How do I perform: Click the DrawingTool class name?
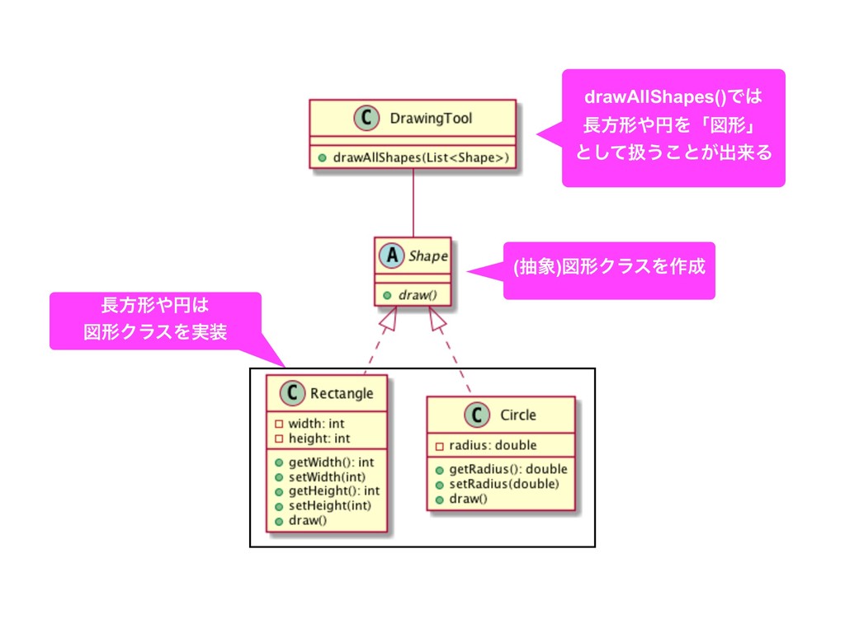tap(430, 118)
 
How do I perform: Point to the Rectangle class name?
tap(341, 393)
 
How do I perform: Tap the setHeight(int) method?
tap(329, 505)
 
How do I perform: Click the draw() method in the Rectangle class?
tap(307, 520)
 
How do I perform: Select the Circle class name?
tap(517, 415)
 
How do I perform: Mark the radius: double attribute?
tap(492, 446)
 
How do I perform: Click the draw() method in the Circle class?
tap(468, 499)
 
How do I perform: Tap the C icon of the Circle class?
tap(476, 415)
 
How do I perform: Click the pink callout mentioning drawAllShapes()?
tap(673, 128)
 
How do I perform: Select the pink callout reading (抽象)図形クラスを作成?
tap(609, 270)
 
